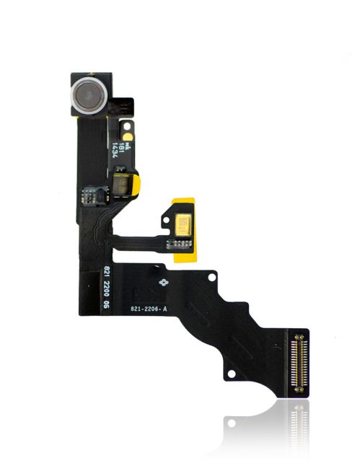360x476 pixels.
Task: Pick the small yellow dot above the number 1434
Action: [127, 135]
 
